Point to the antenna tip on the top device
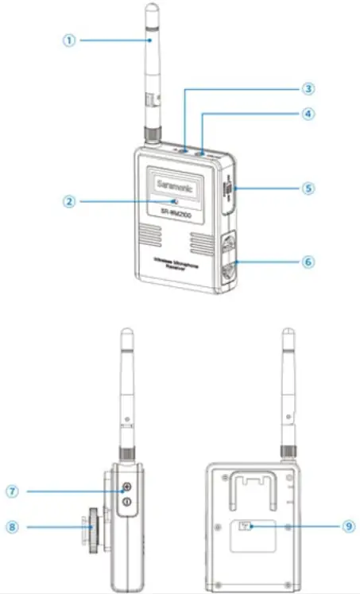coord(152,10)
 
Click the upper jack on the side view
coord(126,491)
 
